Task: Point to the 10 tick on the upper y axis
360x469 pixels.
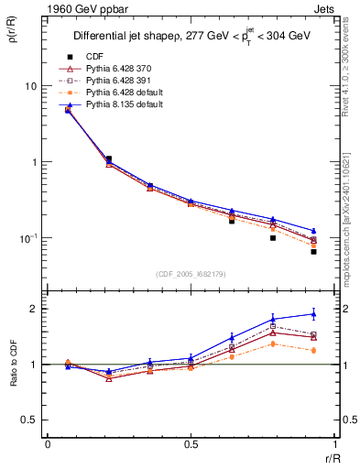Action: click(x=30, y=86)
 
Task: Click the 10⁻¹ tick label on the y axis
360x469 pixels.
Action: click(x=27, y=238)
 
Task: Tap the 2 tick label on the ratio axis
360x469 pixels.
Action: click(x=36, y=309)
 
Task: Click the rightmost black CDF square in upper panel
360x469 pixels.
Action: click(x=313, y=251)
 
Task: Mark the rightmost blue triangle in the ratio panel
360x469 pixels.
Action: click(x=313, y=313)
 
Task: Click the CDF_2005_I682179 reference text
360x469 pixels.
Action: click(x=191, y=274)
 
